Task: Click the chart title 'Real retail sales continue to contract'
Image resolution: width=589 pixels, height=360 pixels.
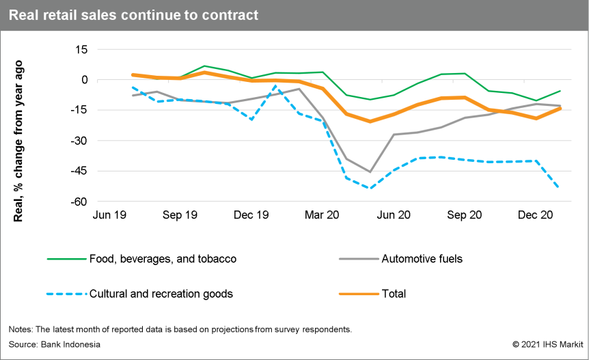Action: [134, 15]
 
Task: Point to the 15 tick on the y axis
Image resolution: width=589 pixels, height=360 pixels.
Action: [81, 50]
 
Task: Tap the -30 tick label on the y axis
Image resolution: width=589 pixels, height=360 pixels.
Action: [79, 141]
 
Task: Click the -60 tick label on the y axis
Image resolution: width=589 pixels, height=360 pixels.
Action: [79, 202]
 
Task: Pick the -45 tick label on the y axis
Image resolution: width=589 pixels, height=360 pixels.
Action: [79, 171]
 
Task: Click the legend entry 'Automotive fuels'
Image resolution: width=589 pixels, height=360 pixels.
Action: [422, 259]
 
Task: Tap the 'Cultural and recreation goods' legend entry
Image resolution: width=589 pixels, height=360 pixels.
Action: [161, 294]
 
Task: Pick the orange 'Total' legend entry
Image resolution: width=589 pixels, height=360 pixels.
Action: [394, 294]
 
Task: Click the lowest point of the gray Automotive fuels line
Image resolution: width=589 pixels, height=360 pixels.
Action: [370, 171]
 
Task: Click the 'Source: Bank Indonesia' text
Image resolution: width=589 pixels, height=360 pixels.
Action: [55, 344]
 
